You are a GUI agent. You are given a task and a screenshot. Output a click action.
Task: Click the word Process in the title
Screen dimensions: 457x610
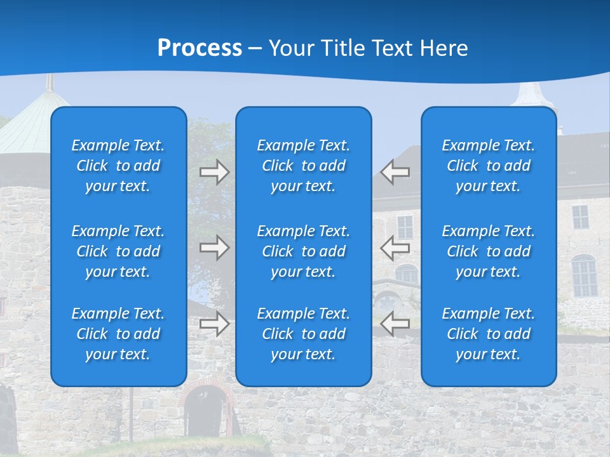(200, 48)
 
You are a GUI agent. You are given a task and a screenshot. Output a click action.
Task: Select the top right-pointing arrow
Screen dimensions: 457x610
(215, 172)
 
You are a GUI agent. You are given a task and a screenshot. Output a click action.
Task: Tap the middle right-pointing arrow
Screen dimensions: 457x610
(215, 248)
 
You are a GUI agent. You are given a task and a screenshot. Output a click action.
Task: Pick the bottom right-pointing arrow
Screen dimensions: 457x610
(215, 324)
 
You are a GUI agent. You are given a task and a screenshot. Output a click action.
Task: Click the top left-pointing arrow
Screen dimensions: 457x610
(395, 172)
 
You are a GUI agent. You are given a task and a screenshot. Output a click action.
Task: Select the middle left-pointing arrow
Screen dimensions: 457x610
(395, 248)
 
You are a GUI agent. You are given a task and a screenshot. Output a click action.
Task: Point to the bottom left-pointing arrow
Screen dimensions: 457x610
(395, 324)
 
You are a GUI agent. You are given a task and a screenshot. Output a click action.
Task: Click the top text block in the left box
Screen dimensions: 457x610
(118, 166)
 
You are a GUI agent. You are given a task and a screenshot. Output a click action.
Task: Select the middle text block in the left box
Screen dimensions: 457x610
(118, 251)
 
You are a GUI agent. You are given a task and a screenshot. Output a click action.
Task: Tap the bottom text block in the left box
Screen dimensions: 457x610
(118, 334)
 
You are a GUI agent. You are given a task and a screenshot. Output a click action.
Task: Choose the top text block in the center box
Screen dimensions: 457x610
(304, 166)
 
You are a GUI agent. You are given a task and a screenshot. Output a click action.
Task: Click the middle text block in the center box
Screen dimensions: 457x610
(304, 251)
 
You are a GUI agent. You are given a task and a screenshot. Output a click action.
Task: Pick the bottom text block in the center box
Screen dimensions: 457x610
(304, 334)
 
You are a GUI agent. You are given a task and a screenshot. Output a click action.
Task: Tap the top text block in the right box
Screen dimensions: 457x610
(489, 166)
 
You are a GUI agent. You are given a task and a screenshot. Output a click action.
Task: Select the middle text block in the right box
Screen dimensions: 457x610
(489, 251)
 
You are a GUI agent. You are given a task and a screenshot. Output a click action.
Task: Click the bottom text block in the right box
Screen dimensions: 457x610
(489, 334)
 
